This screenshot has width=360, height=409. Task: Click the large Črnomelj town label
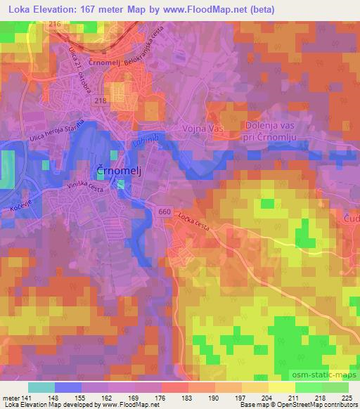click(116, 170)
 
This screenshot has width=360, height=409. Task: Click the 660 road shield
click(165, 210)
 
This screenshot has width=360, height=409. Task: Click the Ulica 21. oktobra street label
click(80, 63)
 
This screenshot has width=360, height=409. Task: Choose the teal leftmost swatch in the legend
click(41, 387)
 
